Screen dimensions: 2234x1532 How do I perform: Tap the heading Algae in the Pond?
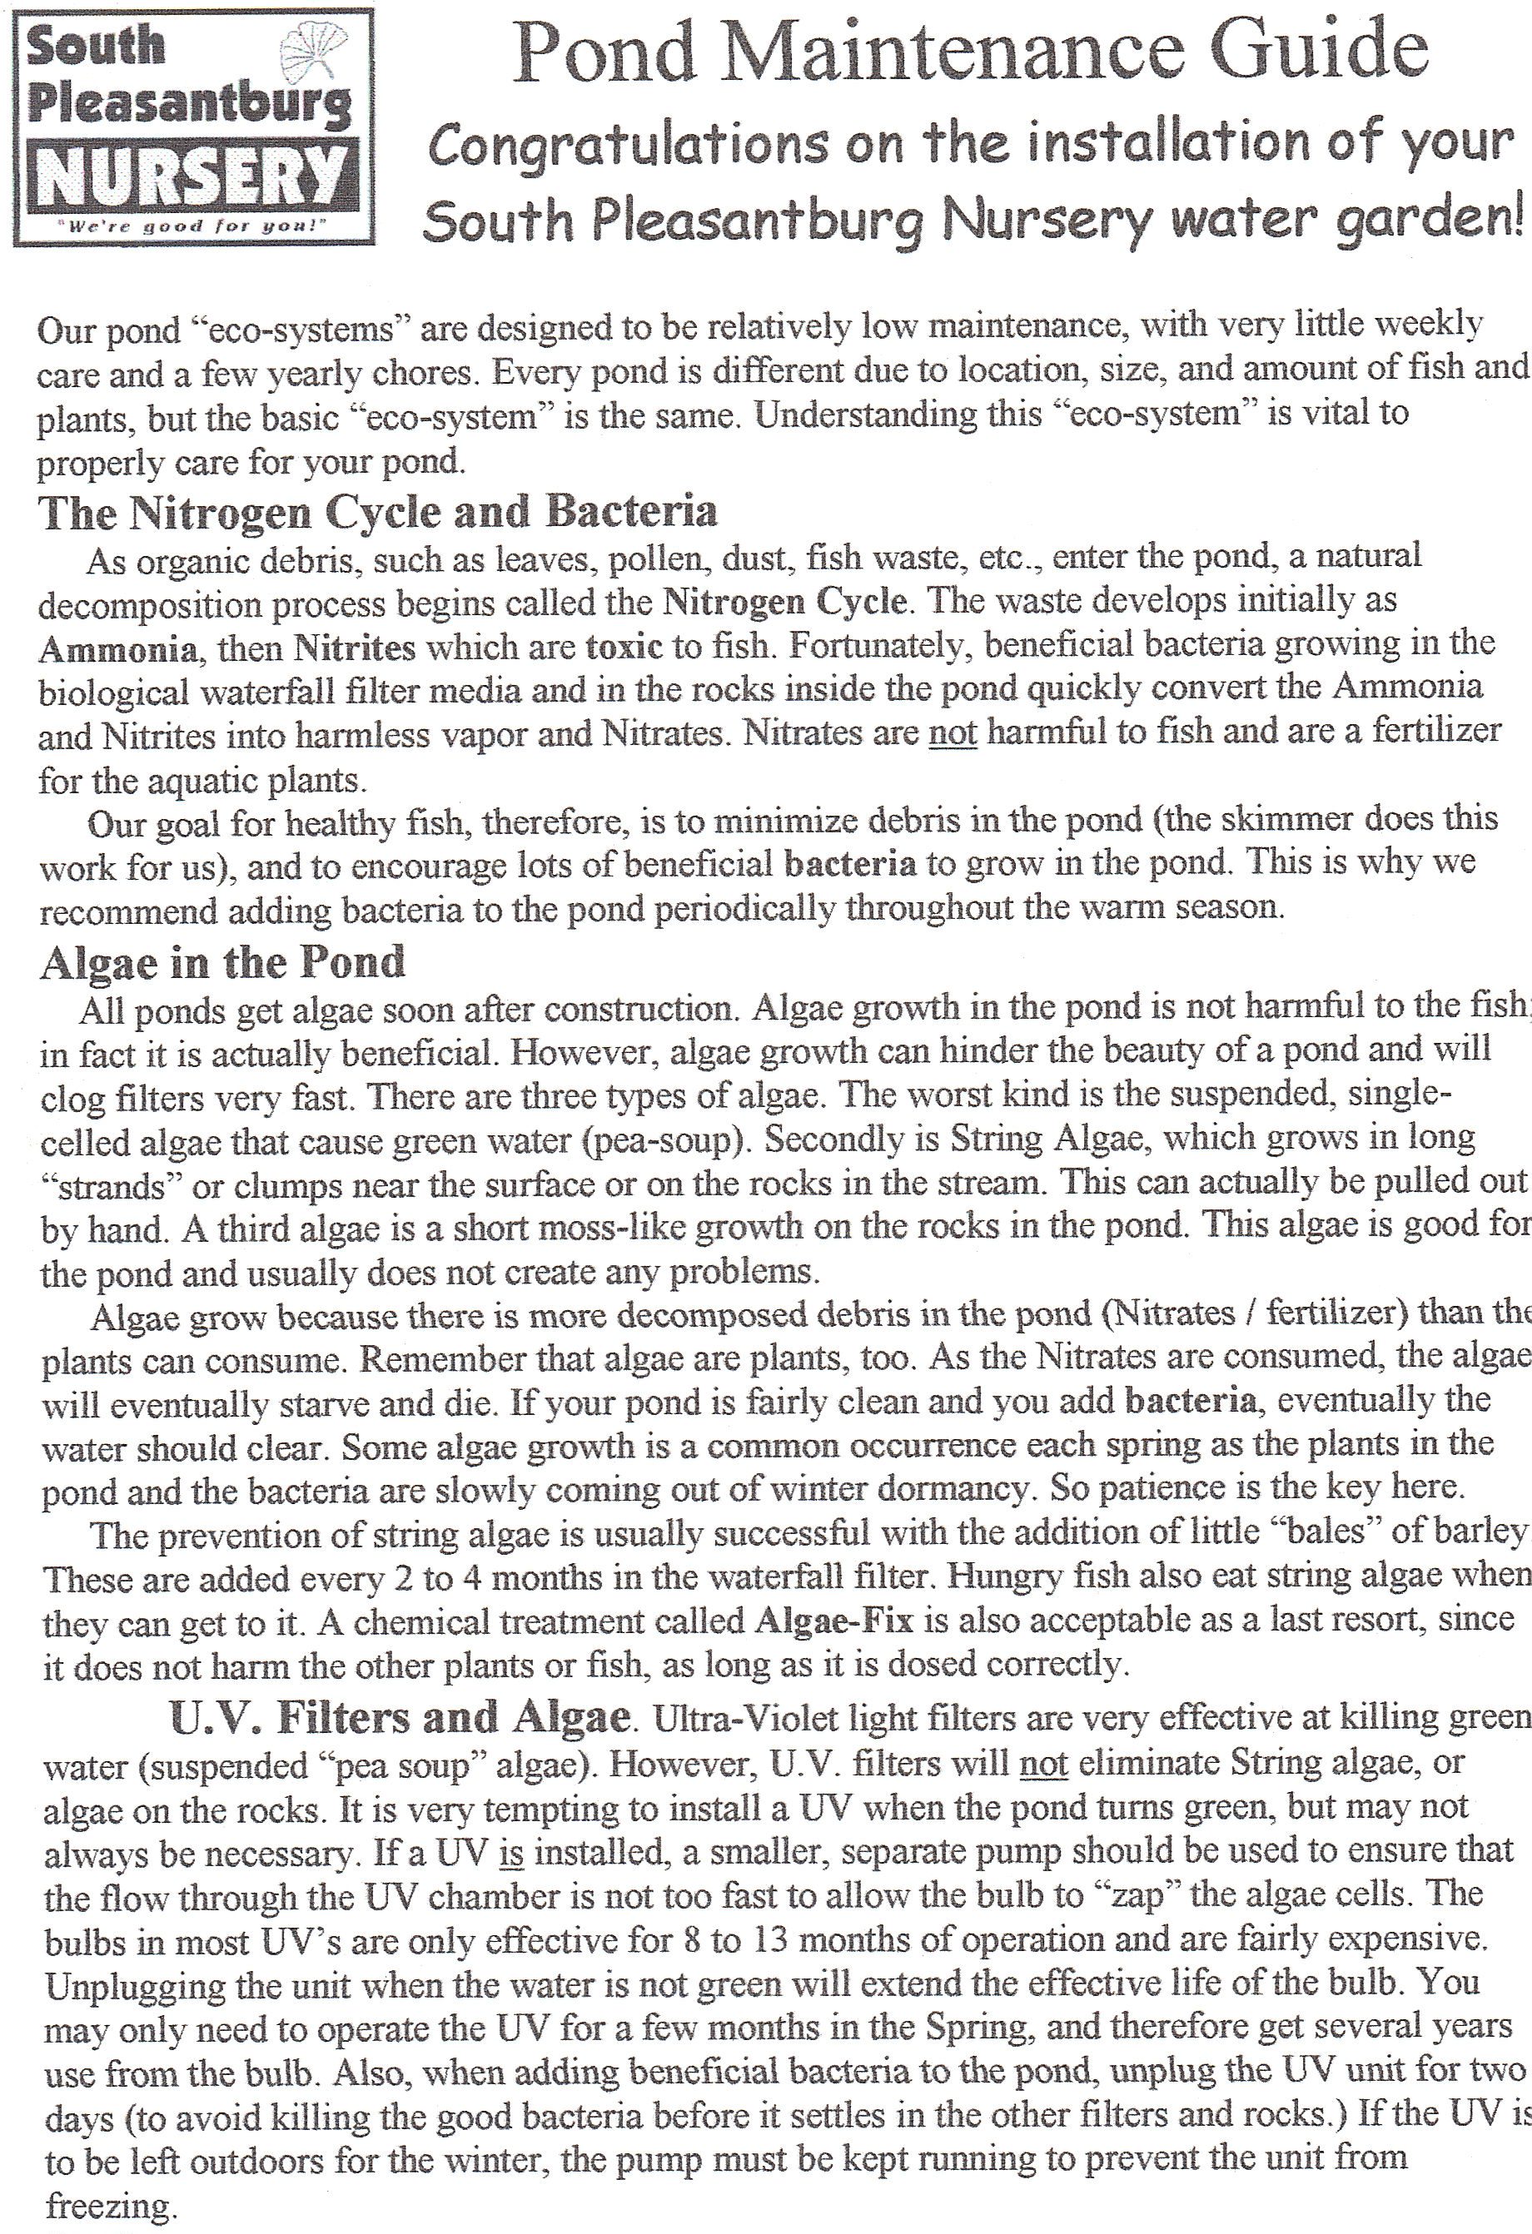click(x=222, y=962)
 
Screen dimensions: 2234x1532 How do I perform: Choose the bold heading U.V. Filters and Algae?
click(x=400, y=1717)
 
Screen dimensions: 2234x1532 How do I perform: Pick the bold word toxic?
click(x=623, y=646)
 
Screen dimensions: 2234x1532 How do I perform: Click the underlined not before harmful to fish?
click(x=953, y=733)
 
